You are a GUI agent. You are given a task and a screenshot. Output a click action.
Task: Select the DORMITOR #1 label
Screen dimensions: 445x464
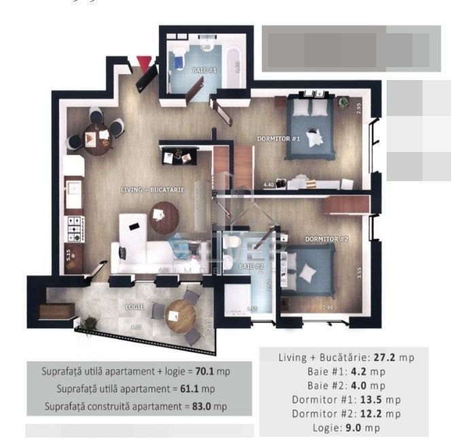[x=279, y=139]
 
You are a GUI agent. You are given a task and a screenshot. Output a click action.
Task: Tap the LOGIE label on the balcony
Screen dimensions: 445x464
[x=135, y=307]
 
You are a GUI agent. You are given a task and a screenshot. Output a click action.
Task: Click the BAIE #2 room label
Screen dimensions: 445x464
[x=251, y=267]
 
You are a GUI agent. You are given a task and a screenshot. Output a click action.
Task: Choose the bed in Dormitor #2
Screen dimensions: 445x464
[x=308, y=271]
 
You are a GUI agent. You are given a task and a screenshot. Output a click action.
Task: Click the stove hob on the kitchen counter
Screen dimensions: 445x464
[x=73, y=229]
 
